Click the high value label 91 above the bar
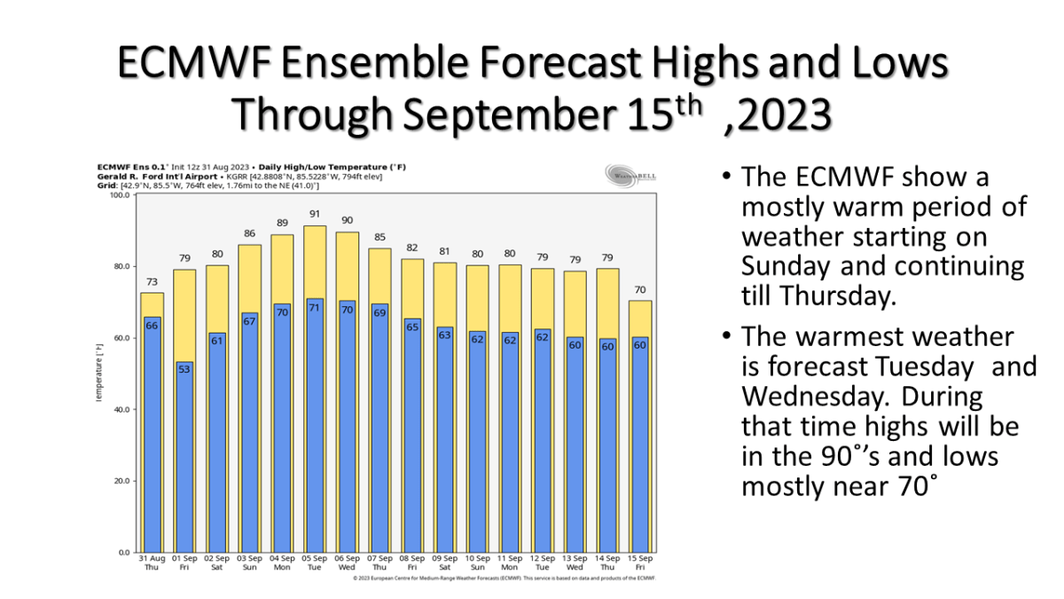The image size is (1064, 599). pos(315,214)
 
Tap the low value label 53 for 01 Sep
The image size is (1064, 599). pos(184,368)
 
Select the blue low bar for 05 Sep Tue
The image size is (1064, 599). pos(315,426)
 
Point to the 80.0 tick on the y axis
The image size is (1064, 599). pos(119,266)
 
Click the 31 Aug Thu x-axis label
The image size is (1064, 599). pos(152,563)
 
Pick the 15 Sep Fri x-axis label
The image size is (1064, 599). pos(641,563)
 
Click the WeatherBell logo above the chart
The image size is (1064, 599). pos(630,174)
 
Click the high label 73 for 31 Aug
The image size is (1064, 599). pos(152,281)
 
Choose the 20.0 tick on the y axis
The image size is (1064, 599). pos(119,481)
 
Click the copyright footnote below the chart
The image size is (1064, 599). pos(503,578)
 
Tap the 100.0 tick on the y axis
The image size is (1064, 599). pos(117,195)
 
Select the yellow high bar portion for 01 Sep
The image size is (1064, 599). pos(184,311)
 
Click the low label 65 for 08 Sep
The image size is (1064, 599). pos(412,326)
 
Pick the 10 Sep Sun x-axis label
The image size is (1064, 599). pos(478,563)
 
